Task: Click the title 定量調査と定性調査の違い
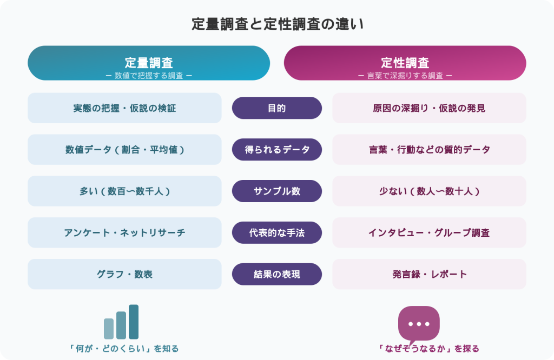(x=277, y=24)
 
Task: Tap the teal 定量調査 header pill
(x=149, y=63)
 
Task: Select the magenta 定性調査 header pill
(x=405, y=63)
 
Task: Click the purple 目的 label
(x=277, y=108)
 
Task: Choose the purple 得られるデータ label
(x=277, y=150)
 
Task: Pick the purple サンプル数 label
(x=277, y=191)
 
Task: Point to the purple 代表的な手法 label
(x=277, y=233)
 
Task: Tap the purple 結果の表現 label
(x=277, y=275)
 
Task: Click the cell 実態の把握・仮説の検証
(x=124, y=108)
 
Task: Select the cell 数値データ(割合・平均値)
(x=124, y=150)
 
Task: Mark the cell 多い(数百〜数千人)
(x=124, y=191)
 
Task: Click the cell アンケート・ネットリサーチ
(x=124, y=233)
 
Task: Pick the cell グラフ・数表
(x=124, y=275)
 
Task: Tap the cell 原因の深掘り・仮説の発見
(x=429, y=108)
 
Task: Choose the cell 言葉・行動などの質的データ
(x=429, y=150)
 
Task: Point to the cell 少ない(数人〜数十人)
(x=429, y=191)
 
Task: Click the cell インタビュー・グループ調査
(x=429, y=233)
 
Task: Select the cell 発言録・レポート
(x=429, y=275)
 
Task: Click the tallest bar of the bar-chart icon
(x=134, y=322)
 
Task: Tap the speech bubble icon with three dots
(x=419, y=323)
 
